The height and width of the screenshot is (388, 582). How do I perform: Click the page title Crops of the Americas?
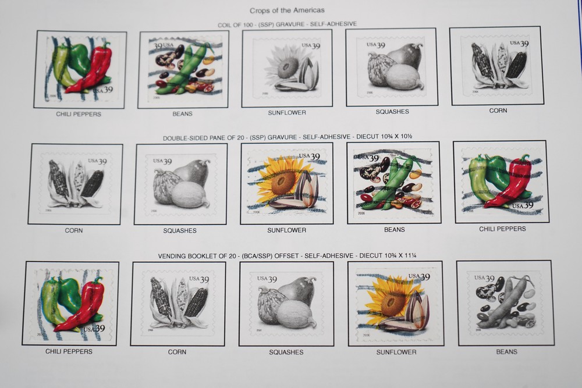(x=287, y=10)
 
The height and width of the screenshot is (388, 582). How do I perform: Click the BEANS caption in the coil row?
(x=182, y=113)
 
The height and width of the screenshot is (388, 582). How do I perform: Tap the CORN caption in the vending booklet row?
(x=177, y=352)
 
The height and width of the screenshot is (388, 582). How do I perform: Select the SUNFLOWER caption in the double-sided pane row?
(x=286, y=230)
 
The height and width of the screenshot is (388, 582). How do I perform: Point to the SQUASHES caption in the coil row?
(x=392, y=111)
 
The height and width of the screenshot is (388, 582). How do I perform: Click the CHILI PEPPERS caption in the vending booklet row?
(x=69, y=351)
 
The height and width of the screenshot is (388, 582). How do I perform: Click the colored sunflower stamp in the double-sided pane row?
(x=286, y=184)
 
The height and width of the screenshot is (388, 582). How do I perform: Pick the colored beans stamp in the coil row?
(x=183, y=69)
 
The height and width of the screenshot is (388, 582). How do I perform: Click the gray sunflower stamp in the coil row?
(x=286, y=68)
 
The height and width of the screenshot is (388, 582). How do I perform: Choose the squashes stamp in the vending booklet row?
(x=286, y=304)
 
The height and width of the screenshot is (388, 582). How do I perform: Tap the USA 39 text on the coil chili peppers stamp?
(x=103, y=90)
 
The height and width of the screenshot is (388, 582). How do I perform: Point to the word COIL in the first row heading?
(x=225, y=25)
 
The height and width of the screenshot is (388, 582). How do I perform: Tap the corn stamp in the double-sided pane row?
(x=75, y=184)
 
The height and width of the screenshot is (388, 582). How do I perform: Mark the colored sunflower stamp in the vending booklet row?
(x=396, y=302)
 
